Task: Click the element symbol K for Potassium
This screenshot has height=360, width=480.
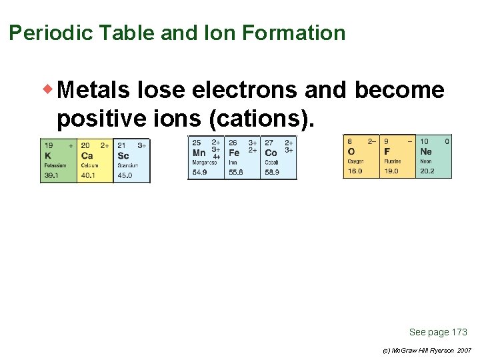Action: [47, 155]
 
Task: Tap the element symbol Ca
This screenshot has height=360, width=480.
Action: [87, 155]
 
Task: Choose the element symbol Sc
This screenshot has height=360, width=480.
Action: [123, 155]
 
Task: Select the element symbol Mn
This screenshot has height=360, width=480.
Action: [199, 153]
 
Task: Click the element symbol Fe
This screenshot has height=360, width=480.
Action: [234, 153]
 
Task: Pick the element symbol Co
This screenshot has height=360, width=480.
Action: [271, 153]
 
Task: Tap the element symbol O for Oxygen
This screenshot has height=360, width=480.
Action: [351, 151]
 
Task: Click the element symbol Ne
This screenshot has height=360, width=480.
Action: [425, 151]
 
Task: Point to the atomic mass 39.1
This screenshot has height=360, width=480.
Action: [51, 175]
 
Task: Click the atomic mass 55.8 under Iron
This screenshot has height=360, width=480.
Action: [236, 172]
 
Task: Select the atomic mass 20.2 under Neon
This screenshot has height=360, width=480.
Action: [427, 171]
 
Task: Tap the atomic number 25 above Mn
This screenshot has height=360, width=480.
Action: [197, 142]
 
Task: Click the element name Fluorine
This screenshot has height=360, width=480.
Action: [392, 161]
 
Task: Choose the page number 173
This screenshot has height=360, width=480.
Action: [459, 332]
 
